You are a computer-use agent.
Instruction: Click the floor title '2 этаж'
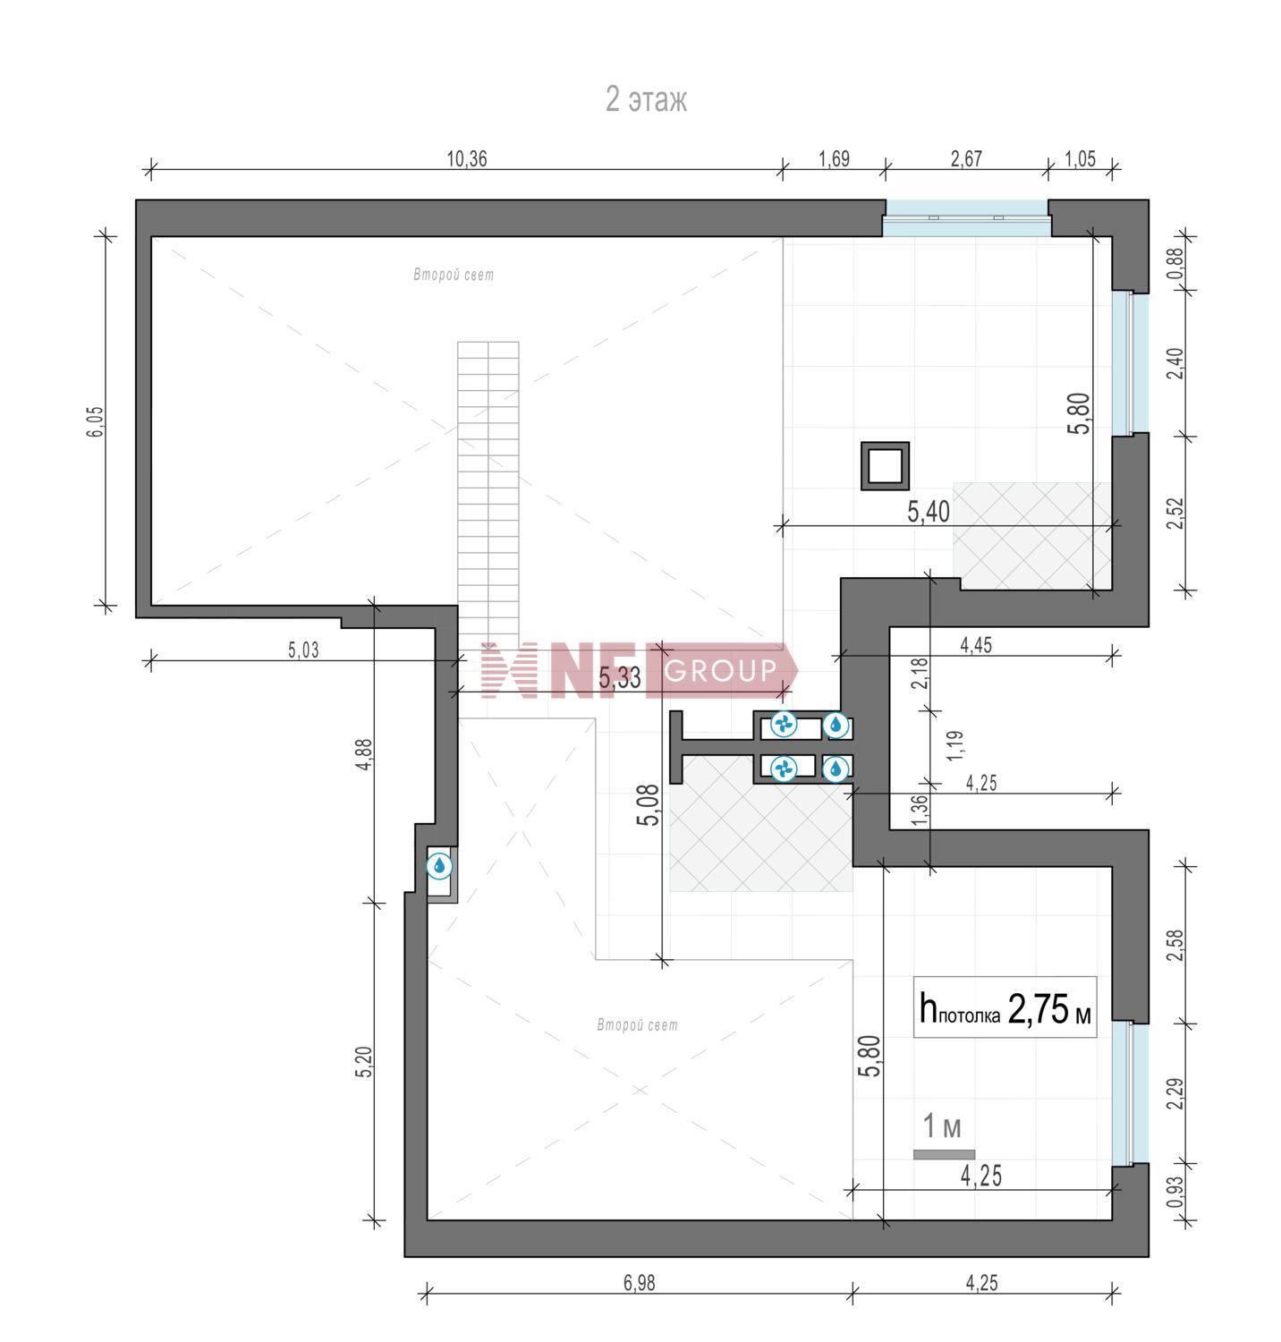click(646, 99)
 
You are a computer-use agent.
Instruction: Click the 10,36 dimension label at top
click(467, 159)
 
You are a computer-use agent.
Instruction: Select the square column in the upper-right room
click(885, 466)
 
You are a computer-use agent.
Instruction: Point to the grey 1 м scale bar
click(944, 1154)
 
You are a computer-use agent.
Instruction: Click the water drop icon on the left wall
click(439, 866)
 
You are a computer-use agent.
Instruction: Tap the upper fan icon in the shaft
click(785, 725)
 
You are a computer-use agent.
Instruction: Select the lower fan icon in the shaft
click(785, 768)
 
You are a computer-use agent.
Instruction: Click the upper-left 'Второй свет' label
click(454, 275)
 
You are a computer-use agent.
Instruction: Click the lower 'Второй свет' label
click(637, 1025)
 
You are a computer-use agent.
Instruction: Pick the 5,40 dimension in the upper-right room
click(929, 512)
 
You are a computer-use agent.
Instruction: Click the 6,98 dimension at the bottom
click(639, 1283)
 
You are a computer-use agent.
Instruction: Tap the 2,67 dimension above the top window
click(966, 159)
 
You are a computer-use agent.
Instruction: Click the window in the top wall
click(965, 217)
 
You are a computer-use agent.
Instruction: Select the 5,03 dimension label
click(303, 650)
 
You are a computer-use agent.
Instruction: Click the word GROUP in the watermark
click(721, 670)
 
